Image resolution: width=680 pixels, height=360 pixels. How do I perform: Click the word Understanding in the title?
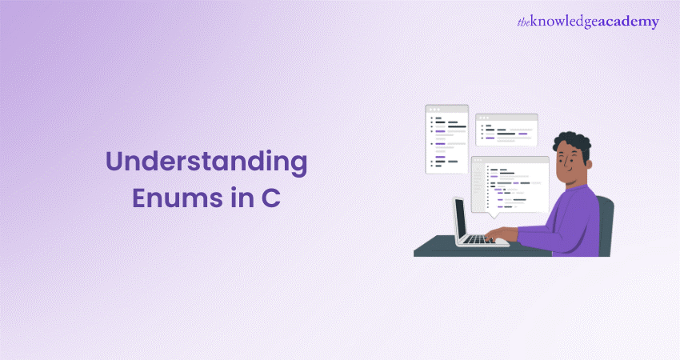[206, 162]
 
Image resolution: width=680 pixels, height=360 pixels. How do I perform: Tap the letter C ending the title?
[271, 198]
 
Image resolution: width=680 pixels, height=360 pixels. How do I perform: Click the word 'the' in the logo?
[523, 22]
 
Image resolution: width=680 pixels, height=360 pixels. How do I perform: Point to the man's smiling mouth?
[570, 171]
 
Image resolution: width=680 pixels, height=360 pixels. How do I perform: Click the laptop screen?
[461, 218]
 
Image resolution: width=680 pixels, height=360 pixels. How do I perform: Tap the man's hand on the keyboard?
[499, 234]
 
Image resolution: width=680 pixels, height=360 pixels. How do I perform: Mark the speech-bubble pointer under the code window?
[493, 215]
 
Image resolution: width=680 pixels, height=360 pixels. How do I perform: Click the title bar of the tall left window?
[446, 110]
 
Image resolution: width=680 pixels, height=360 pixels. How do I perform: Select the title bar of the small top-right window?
[506, 118]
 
